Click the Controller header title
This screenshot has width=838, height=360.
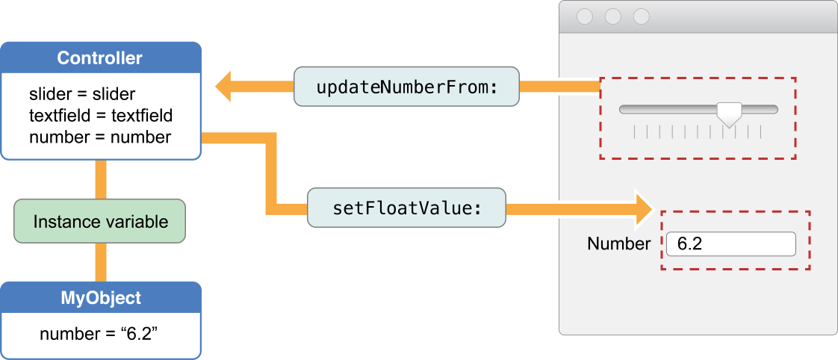click(x=100, y=58)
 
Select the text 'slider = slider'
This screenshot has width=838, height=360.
click(x=82, y=95)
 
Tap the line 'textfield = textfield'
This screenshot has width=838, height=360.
click(x=100, y=116)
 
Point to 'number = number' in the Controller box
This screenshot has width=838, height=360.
click(x=100, y=137)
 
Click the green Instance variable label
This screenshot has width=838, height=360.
click(x=100, y=222)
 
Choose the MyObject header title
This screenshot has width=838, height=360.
click(x=100, y=298)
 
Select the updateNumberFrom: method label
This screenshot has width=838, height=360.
click(x=406, y=87)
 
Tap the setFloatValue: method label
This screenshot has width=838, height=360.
click(x=406, y=208)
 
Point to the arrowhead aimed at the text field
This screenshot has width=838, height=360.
click(x=644, y=208)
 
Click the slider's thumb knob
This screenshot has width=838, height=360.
click(x=728, y=113)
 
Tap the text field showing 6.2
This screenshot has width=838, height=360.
click(x=730, y=244)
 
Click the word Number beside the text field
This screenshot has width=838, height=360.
click(x=618, y=244)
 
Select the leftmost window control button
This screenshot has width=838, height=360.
click(x=585, y=16)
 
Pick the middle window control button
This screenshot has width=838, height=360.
click(x=613, y=16)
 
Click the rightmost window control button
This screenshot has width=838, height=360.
click(x=641, y=16)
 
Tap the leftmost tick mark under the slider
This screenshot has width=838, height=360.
click(x=634, y=132)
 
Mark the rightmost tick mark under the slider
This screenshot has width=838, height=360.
click(x=760, y=132)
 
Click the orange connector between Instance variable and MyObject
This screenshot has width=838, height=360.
click(x=100, y=262)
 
